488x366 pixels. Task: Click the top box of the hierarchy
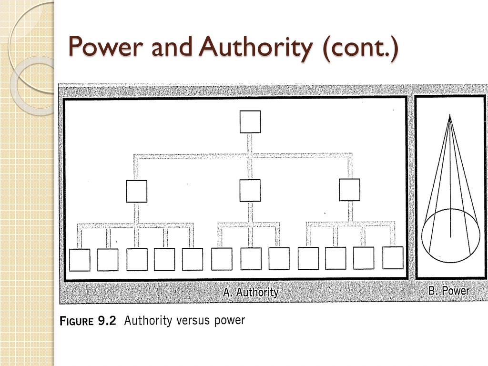pos(250,122)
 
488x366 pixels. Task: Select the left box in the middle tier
pos(137,191)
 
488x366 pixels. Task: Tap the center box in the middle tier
pos(250,191)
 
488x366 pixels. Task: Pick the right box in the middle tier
pos(349,190)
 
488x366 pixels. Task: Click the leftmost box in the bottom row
pos(80,260)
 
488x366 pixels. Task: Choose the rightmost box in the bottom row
pos(393,258)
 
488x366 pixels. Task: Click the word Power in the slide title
pos(105,46)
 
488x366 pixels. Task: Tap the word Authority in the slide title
pos(256,48)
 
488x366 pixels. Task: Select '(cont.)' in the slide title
pos(360,48)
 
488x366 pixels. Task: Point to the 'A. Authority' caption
pos(251,292)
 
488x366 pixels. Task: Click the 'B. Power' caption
pos(449,291)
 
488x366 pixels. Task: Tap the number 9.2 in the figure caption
pos(107,321)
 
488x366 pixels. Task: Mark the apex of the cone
pos(450,115)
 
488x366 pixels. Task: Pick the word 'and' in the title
pos(172,46)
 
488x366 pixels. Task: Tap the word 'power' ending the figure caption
pos(229,321)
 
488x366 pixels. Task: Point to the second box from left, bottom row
pos(108,260)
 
